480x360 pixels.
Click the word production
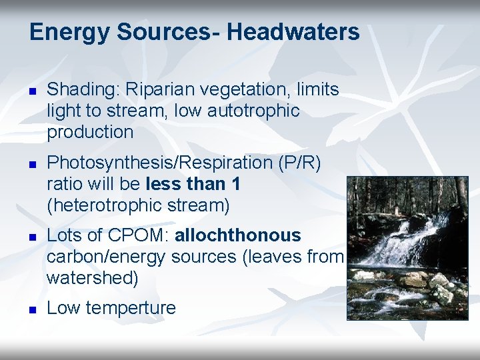point(90,132)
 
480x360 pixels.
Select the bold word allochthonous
point(238,236)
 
